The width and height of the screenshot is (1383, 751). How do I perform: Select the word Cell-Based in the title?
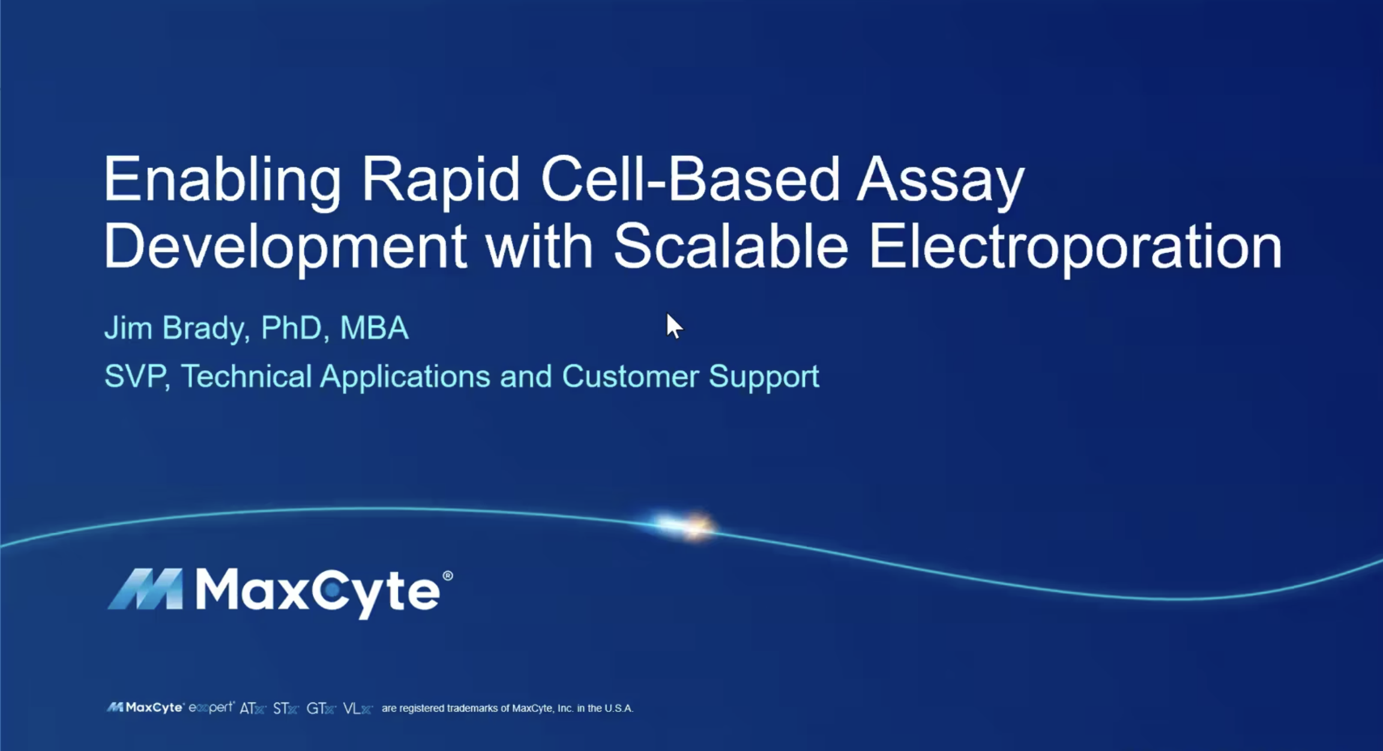(690, 180)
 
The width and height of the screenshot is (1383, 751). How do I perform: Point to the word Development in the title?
(285, 248)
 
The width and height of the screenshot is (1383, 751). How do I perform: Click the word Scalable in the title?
(731, 247)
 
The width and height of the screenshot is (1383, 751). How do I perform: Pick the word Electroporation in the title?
(1074, 248)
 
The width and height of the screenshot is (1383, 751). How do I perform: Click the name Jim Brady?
(174, 329)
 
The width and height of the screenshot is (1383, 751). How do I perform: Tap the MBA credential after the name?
(374, 328)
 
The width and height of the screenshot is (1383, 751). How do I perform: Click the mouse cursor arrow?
(673, 326)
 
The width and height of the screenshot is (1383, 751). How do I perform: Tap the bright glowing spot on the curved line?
(690, 526)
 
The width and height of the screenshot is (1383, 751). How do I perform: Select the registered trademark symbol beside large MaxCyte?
(447, 576)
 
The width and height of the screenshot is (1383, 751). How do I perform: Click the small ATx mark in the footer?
(252, 708)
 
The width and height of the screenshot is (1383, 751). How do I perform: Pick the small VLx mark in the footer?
(358, 708)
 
